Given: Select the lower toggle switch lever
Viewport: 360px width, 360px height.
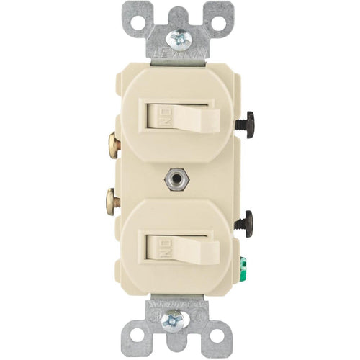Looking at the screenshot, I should (x=186, y=246).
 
